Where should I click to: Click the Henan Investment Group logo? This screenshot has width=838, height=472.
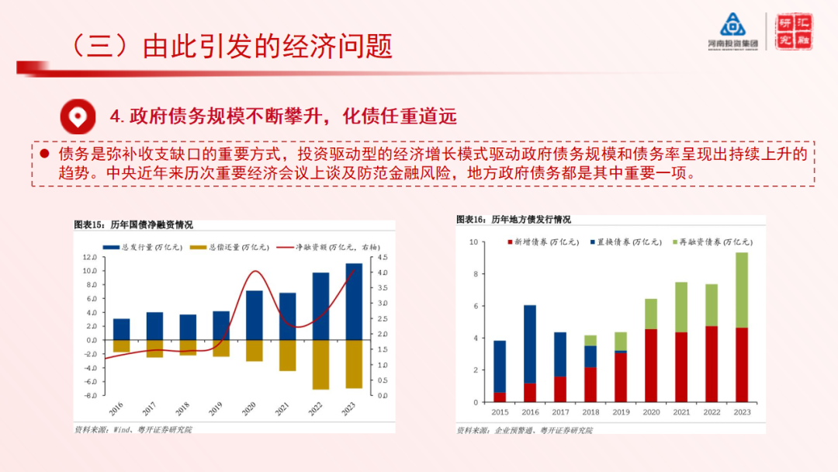pyautogui.click(x=732, y=32)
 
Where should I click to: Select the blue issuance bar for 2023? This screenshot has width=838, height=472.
pyautogui.click(x=354, y=301)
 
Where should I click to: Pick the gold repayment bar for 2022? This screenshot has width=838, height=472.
pyautogui.click(x=321, y=364)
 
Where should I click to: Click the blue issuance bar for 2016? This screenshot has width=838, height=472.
pyautogui.click(x=122, y=329)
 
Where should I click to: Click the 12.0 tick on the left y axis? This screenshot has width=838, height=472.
pyautogui.click(x=88, y=258)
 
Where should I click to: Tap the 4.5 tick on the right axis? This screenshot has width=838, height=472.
pyautogui.click(x=383, y=258)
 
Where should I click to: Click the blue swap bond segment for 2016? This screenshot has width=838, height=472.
pyautogui.click(x=530, y=344)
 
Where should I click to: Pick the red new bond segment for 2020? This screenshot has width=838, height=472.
pyautogui.click(x=650, y=366)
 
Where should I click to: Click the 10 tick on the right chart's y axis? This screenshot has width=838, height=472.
pyautogui.click(x=473, y=242)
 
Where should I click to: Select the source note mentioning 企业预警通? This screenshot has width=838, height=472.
pyautogui.click(x=524, y=429)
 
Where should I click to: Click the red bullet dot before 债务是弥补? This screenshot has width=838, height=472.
pyautogui.click(x=44, y=154)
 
